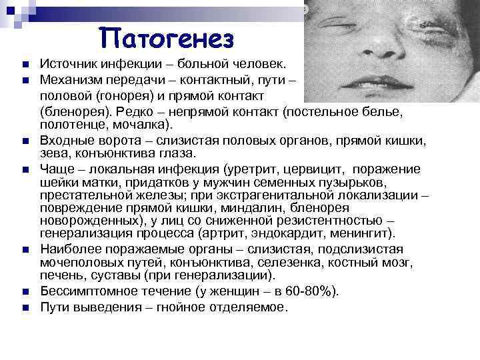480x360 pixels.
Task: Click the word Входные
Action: (x=67, y=140)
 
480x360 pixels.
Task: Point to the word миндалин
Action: (x=214, y=209)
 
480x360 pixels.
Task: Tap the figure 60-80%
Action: (x=312, y=292)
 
